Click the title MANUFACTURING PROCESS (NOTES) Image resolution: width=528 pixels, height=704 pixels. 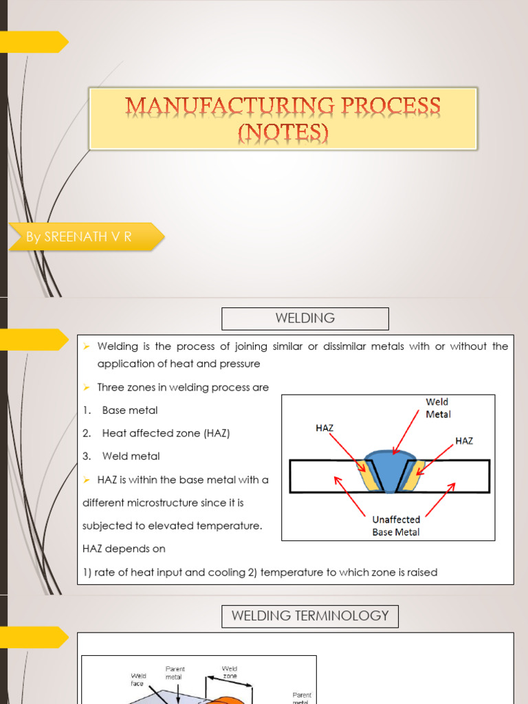pyautogui.click(x=283, y=118)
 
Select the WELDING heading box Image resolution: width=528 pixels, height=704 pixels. pyautogui.click(x=305, y=318)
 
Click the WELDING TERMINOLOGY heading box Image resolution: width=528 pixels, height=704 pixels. pyautogui.click(x=310, y=616)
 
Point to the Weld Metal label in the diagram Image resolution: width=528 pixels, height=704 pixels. pyautogui.click(x=438, y=408)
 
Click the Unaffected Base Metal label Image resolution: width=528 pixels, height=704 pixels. pyautogui.click(x=396, y=526)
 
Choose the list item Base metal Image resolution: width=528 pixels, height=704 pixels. pyautogui.click(x=129, y=410)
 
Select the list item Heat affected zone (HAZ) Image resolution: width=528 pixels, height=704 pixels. pyautogui.click(x=166, y=433)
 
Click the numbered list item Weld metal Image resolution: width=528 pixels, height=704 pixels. pyautogui.click(x=131, y=456)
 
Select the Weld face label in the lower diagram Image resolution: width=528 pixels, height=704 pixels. pyautogui.click(x=138, y=680)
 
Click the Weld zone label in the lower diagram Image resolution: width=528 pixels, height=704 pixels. pyautogui.click(x=229, y=672)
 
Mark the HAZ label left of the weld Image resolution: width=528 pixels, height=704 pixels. pyautogui.click(x=324, y=428)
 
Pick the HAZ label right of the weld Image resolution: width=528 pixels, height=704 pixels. pyautogui.click(x=464, y=441)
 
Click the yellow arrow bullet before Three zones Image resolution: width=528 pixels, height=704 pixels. pyautogui.click(x=87, y=388)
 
